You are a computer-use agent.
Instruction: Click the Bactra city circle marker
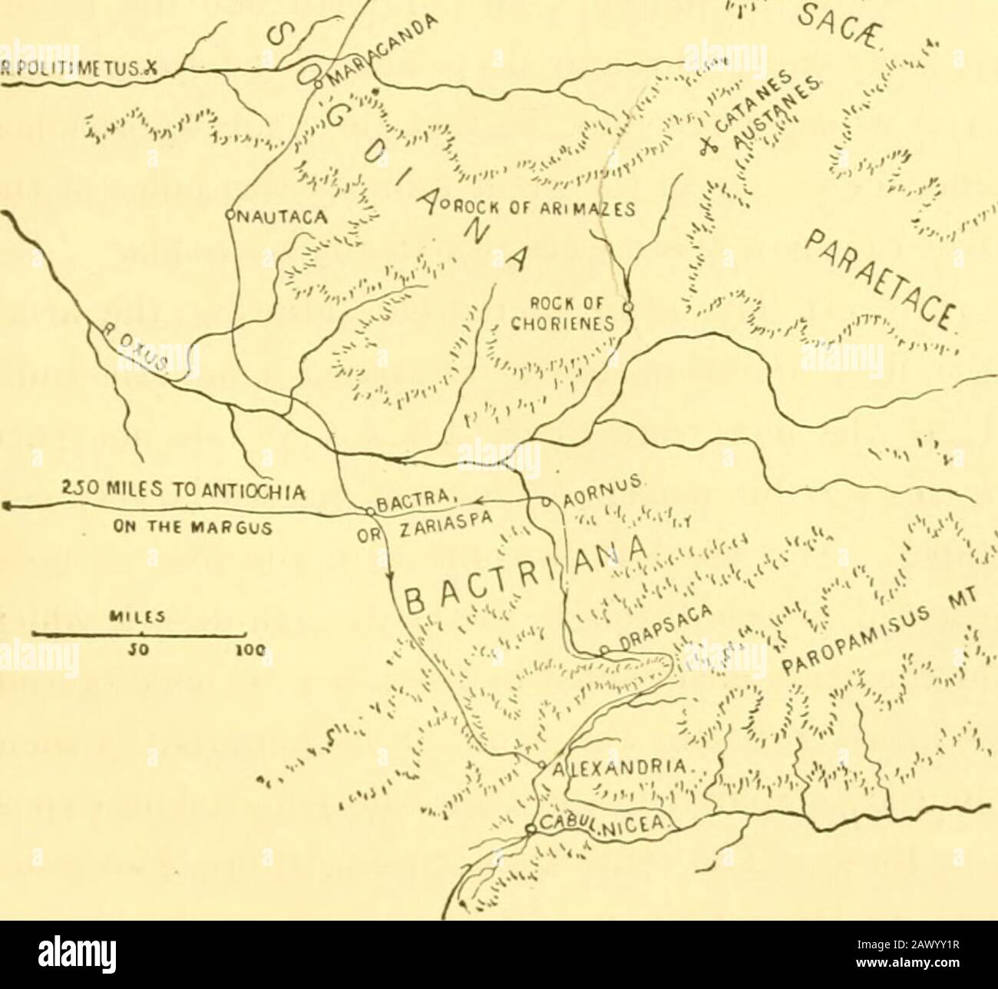(369, 510)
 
